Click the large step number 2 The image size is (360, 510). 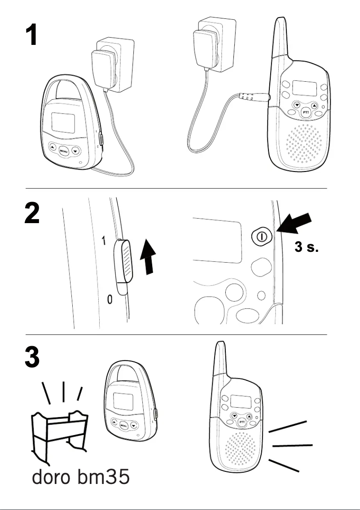[32, 213]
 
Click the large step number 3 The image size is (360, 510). [32, 357]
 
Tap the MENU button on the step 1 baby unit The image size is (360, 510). [64, 151]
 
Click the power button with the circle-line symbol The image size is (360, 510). [261, 237]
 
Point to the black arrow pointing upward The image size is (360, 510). [148, 256]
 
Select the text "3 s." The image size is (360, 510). [306, 247]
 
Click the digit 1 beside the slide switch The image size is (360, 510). [104, 241]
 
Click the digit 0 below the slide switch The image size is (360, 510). [110, 299]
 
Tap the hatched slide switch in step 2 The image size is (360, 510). [123, 261]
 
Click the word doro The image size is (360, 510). [51, 477]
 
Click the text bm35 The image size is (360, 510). [104, 477]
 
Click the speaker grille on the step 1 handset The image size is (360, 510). [303, 143]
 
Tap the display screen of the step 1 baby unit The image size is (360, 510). [63, 123]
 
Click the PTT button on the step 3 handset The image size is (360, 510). [242, 422]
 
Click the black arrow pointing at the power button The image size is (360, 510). [294, 223]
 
